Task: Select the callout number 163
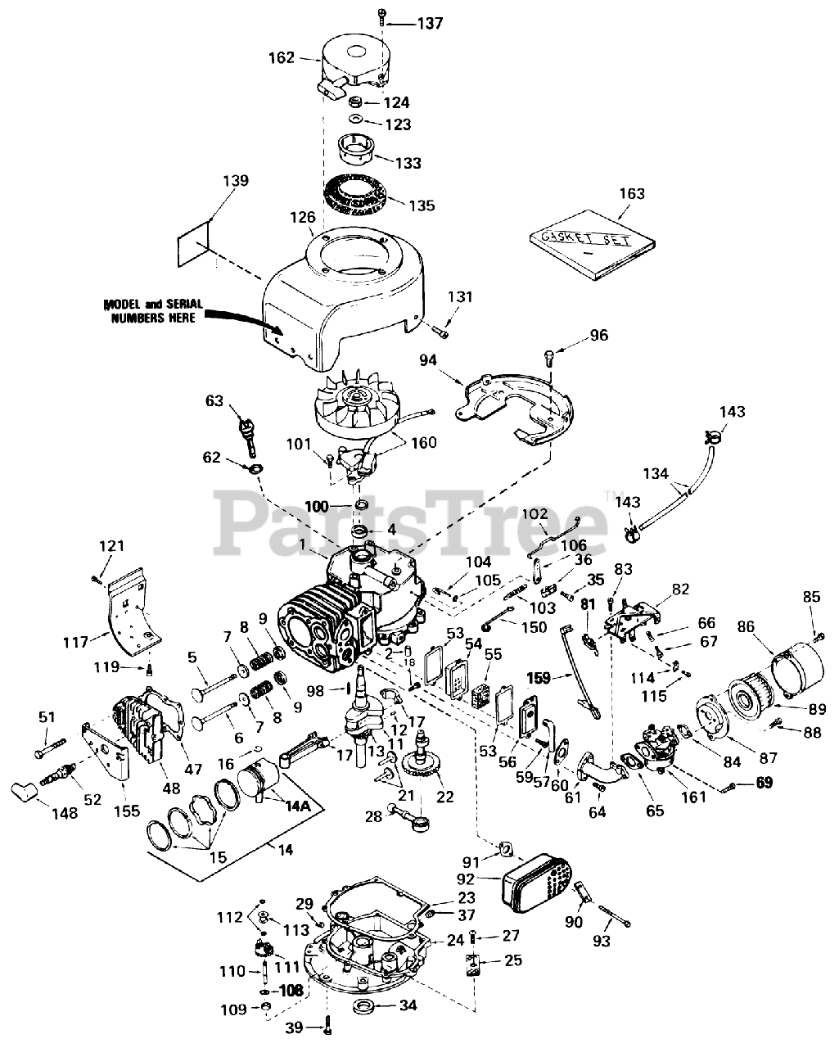pos(632,194)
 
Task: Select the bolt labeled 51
pos(50,748)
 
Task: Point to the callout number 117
pos(75,643)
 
